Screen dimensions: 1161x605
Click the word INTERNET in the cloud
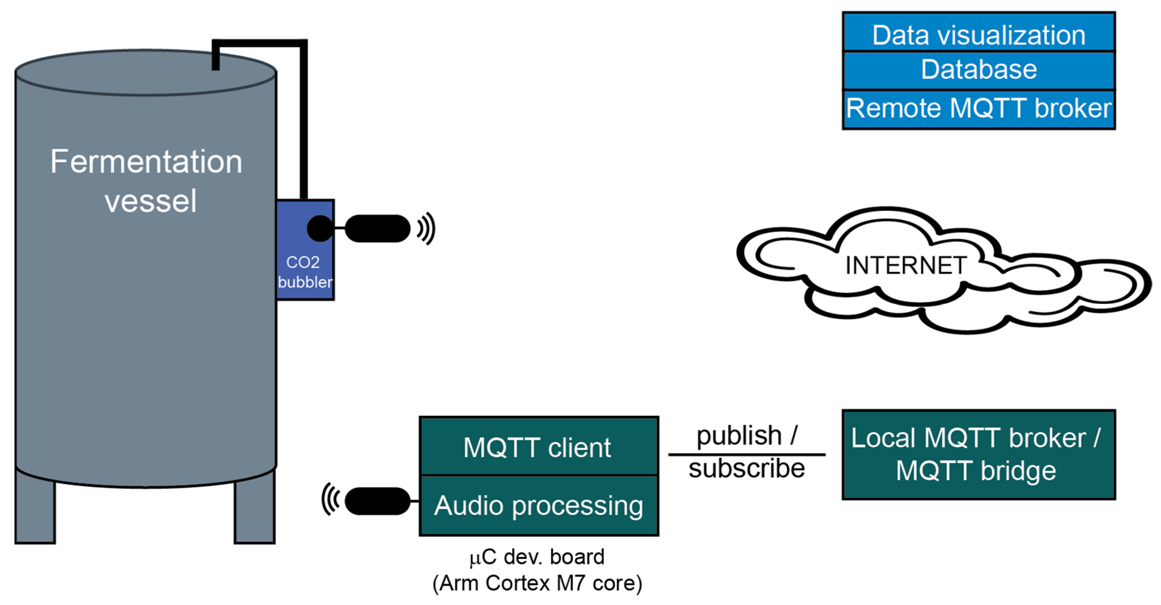pyautogui.click(x=905, y=265)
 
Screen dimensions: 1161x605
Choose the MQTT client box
pyautogui.click(x=539, y=446)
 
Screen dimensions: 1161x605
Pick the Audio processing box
pyautogui.click(x=539, y=505)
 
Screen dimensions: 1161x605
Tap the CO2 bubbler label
pyautogui.click(x=305, y=272)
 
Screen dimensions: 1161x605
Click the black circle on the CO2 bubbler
pyautogui.click(x=320, y=228)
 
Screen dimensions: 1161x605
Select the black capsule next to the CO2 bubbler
pyautogui.click(x=378, y=228)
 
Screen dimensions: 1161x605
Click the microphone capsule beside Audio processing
pyautogui.click(x=378, y=501)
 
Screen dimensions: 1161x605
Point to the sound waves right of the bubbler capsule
pyautogui.click(x=426, y=228)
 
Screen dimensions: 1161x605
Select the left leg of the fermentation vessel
pyautogui.click(x=35, y=507)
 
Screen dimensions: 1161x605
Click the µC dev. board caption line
pyautogui.click(x=537, y=557)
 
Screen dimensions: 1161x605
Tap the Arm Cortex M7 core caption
pyautogui.click(x=537, y=583)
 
